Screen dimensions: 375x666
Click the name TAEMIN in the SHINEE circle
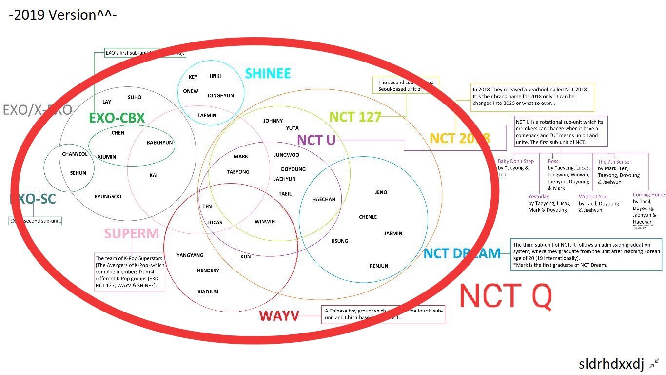tap(207, 116)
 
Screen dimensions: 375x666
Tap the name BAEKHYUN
tap(160, 143)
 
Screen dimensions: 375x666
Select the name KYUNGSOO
tap(108, 197)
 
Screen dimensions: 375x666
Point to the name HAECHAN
tap(324, 199)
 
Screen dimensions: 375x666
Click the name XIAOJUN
tap(208, 292)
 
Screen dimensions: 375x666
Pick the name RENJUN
tap(379, 266)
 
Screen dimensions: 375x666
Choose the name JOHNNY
tap(273, 121)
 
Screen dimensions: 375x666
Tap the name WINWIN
tap(265, 222)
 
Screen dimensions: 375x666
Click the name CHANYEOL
tap(75, 154)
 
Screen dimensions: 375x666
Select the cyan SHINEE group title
tap(268, 74)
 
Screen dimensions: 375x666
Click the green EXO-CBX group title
tap(117, 118)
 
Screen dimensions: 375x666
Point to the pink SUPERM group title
tap(132, 233)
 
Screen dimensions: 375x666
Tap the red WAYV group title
tap(279, 316)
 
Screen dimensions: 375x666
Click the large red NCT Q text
tap(506, 295)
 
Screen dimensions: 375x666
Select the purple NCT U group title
tap(316, 141)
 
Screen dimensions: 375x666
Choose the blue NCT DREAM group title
tap(462, 253)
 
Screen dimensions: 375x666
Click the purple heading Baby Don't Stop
tap(516, 161)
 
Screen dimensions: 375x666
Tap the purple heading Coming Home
tap(648, 195)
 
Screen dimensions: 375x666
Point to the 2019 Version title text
tap(62, 15)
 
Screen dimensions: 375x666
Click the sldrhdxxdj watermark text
tap(611, 364)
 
